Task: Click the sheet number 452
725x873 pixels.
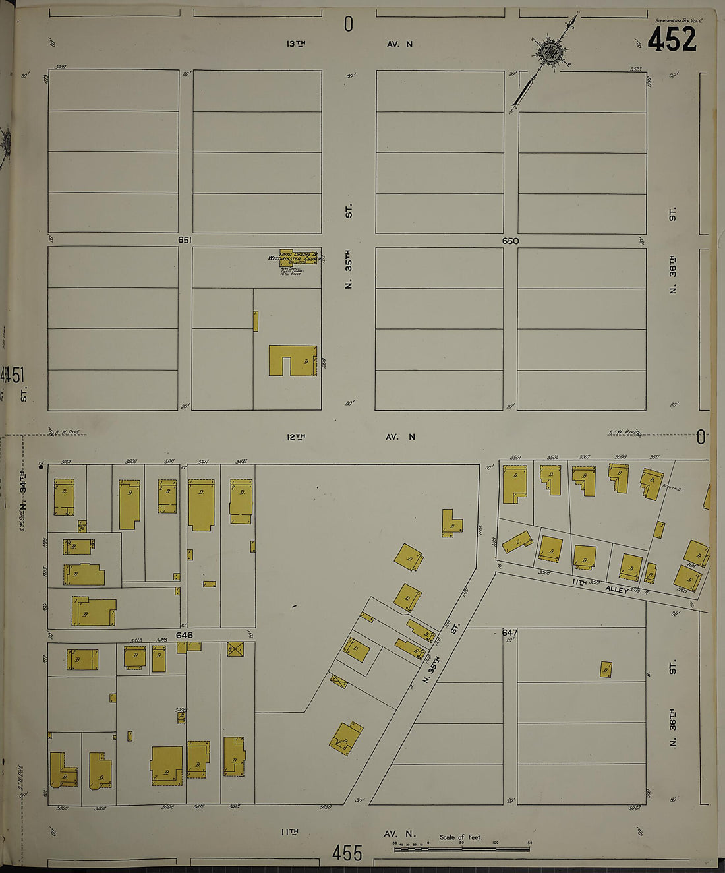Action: tap(672, 40)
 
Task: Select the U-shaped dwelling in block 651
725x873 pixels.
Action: tap(293, 360)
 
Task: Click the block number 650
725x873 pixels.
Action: tap(510, 241)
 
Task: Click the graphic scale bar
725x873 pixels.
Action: tap(461, 848)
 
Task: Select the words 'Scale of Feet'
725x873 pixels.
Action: tap(461, 837)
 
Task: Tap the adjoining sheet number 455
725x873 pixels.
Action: tap(347, 853)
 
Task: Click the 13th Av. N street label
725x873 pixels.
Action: tap(349, 44)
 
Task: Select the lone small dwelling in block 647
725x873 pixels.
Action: tap(606, 670)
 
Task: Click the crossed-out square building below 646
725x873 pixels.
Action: tap(235, 649)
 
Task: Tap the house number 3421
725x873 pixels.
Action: tap(241, 461)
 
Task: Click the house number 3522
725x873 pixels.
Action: tap(635, 807)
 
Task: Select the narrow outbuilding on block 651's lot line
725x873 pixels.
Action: tap(256, 321)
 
